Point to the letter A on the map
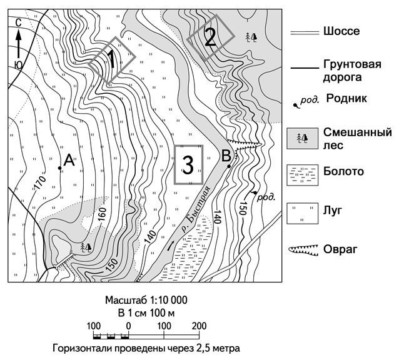coord(69,161)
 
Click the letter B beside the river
coord(226,156)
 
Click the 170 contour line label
coord(41,182)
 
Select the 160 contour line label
coord(101,214)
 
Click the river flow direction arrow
coord(171,246)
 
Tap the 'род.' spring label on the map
coord(266,197)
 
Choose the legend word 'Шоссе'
coord(341,31)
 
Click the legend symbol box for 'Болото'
coord(302,175)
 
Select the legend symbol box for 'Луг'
coord(302,213)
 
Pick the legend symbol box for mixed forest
coord(302,138)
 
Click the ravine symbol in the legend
coord(303,250)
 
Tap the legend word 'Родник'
coord(346,98)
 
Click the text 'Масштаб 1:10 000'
coord(146,300)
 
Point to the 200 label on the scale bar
coord(199,326)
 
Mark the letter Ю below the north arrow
coord(18,66)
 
